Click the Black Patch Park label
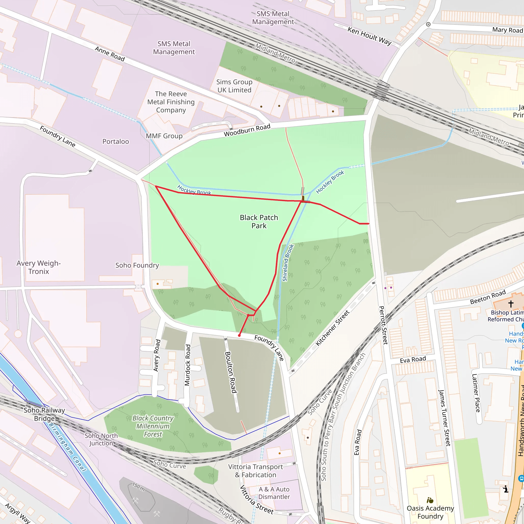tap(259, 222)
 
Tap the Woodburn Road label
tap(247, 130)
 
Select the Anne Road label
tap(110, 54)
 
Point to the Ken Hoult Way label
tap(369, 36)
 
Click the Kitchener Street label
tap(332, 328)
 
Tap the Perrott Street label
tap(383, 325)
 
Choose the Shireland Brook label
tap(288, 263)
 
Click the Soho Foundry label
tap(137, 265)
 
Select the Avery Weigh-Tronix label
tap(39, 267)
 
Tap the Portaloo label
tap(116, 141)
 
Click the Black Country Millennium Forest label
tap(153, 426)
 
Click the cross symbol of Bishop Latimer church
tap(511, 304)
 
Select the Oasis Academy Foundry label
tap(430, 512)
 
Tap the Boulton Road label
tap(231, 372)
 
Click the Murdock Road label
tap(187, 365)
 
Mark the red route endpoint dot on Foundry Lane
tap(239, 335)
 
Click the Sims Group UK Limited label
tap(234, 86)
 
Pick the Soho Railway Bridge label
tap(44, 414)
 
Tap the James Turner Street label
tap(444, 418)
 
